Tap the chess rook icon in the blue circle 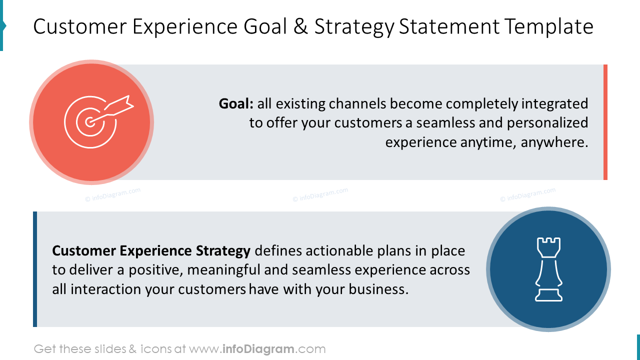pos(548,269)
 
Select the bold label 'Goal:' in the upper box pos(236,104)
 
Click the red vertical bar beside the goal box pos(605,122)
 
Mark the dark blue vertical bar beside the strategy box pos(35,269)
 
